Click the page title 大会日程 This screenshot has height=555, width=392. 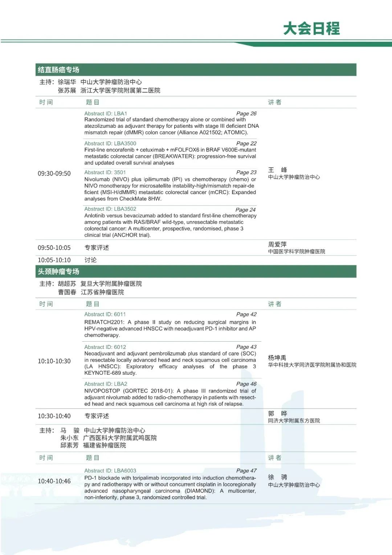(x=311, y=28)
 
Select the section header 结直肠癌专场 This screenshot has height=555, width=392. (x=58, y=70)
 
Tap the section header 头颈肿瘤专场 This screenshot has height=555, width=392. (x=58, y=272)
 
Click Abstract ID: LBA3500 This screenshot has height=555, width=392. (x=110, y=143)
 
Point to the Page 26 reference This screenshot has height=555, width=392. (x=246, y=113)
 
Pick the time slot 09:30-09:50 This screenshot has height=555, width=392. (x=54, y=173)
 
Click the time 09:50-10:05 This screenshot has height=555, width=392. (x=54, y=248)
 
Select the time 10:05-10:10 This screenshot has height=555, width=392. (x=54, y=260)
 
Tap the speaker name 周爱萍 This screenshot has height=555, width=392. (x=277, y=245)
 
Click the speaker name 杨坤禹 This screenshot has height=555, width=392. (x=277, y=358)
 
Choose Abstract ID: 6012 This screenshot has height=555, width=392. (x=105, y=347)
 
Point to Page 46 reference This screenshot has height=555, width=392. (x=246, y=384)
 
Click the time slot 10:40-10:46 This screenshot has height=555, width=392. (x=54, y=481)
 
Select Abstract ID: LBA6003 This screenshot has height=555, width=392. (x=110, y=470)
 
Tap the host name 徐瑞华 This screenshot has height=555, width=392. (x=67, y=82)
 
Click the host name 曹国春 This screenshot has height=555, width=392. (x=67, y=292)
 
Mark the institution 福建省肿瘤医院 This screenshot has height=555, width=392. (x=105, y=445)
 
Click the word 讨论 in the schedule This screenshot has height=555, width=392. (x=91, y=260)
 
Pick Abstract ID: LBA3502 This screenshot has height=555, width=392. (x=110, y=209)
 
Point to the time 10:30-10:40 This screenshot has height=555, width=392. (x=54, y=416)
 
